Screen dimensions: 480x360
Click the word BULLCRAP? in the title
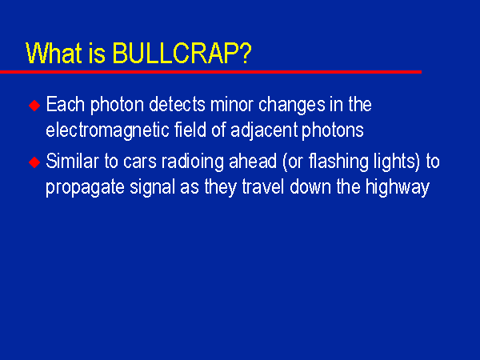182,54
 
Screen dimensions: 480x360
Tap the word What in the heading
54,54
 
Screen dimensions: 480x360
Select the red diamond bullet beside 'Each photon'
34,106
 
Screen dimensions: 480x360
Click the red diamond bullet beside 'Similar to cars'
34,162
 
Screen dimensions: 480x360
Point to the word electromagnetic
107,130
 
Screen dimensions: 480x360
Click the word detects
177,104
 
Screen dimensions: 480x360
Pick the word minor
231,104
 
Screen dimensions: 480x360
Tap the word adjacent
264,130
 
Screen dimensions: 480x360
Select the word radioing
193,162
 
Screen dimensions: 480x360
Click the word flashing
338,162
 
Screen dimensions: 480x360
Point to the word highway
398,188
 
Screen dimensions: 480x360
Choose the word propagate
85,188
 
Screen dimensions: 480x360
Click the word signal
152,188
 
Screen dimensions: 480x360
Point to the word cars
140,162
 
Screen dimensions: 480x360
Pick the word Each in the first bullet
66,104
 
